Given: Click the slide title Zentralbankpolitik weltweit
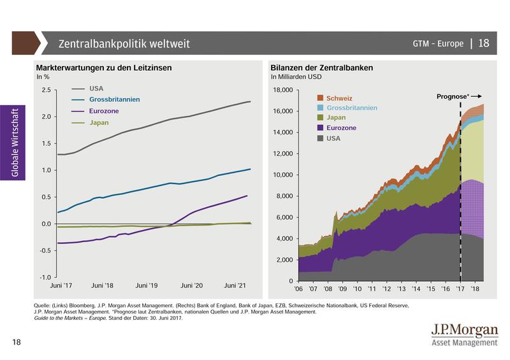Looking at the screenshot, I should pyautogui.click(x=124, y=44).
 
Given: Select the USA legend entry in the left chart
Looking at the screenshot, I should pyautogui.click(x=96, y=89).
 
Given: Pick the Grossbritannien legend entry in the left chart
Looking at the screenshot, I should pyautogui.click(x=115, y=99).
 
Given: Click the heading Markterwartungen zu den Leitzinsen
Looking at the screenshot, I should pyautogui.click(x=104, y=68).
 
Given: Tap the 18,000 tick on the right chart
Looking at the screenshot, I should pyautogui.click(x=282, y=90).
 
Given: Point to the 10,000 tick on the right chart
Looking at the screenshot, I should pyautogui.click(x=282, y=175).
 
